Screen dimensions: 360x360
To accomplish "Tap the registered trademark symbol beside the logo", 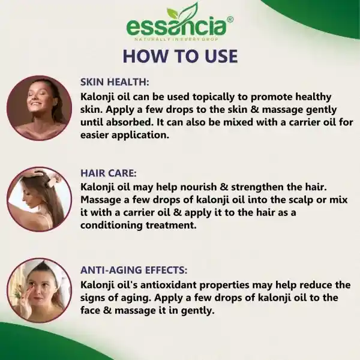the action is [230, 20].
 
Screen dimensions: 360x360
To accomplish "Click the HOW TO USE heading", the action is [180, 56].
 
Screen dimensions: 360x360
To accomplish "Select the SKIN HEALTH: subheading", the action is [115, 82].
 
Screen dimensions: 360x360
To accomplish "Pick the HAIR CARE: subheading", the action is [109, 173].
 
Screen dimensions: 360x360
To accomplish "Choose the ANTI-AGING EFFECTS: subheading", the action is [134, 270].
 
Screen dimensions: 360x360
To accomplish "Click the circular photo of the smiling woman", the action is [39, 108].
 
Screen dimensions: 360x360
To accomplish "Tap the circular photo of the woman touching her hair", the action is [39, 199].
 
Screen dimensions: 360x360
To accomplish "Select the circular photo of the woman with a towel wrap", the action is [39, 290].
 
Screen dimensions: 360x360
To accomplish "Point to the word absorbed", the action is [130, 122].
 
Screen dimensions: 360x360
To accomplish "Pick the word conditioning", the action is [112, 226].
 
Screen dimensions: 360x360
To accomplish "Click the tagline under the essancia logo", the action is [176, 40].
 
